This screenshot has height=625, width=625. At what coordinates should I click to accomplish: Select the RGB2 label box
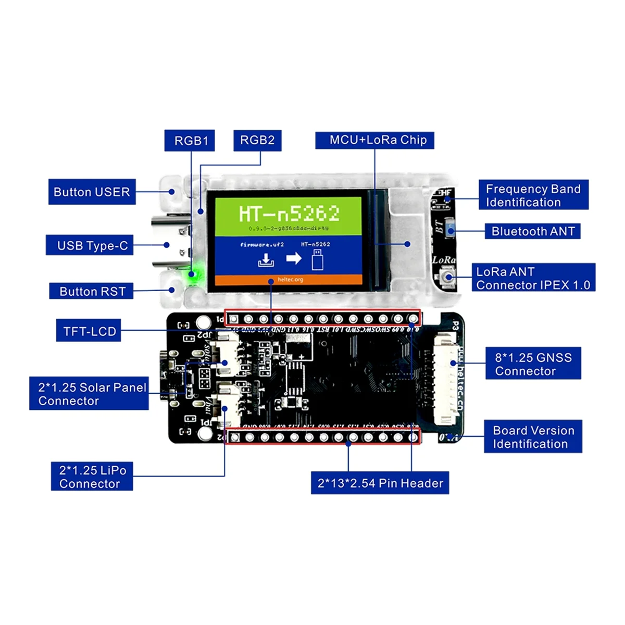[x=257, y=140]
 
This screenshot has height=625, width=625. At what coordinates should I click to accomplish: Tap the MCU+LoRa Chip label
[x=374, y=140]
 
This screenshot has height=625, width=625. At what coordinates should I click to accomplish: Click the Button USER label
[x=92, y=192]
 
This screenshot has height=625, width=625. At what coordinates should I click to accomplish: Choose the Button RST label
[x=91, y=291]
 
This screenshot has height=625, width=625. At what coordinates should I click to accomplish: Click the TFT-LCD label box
[x=89, y=331]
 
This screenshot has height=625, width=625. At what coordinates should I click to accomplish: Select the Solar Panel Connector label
[x=89, y=394]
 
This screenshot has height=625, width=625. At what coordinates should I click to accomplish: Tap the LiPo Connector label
[x=92, y=476]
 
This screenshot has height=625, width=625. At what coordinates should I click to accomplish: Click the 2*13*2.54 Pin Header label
[x=380, y=483]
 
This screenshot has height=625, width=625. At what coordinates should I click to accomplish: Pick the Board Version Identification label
[x=533, y=437]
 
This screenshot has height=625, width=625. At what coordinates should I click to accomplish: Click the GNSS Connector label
[x=533, y=364]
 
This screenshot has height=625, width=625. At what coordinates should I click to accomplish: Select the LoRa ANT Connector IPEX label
[x=533, y=278]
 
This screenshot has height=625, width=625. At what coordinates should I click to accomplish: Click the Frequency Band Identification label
[x=533, y=195]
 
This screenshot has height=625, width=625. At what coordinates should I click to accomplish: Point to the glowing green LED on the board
[x=192, y=273]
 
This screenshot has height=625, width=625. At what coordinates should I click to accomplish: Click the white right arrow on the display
[x=294, y=258]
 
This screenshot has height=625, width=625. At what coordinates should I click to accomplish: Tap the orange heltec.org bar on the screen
[x=289, y=280]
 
